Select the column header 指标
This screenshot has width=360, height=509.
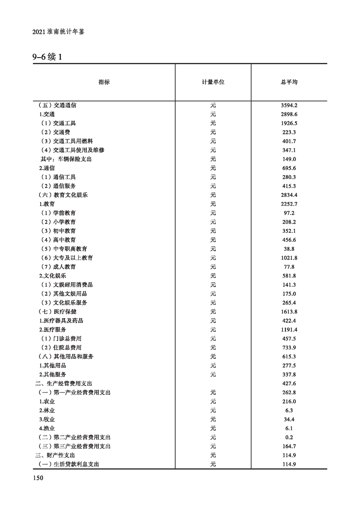tap(104, 82)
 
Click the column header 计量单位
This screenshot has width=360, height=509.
tap(213, 82)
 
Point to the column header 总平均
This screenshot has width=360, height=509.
tap(289, 82)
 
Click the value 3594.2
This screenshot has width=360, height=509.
tap(289, 105)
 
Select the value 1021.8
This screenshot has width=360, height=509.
tap(289, 258)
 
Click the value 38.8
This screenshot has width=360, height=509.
tap(289, 249)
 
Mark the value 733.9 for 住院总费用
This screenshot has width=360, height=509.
tap(289, 347)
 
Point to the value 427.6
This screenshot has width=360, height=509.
tap(289, 383)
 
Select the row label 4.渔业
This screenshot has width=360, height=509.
tap(47, 428)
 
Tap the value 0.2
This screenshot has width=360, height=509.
tap(289, 437)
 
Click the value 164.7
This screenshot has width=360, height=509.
tap(289, 446)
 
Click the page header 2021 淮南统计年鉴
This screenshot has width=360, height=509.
tap(59, 33)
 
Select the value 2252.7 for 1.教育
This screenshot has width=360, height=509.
tap(289, 204)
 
